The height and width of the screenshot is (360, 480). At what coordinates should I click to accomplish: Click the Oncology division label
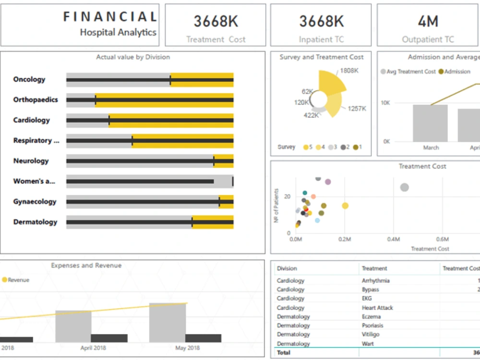tap(29, 80)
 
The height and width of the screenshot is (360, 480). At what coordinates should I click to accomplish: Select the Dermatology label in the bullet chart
tap(35, 222)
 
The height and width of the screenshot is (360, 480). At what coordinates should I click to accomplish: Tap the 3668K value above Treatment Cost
tap(216, 22)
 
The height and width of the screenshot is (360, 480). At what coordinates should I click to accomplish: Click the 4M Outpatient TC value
tap(428, 22)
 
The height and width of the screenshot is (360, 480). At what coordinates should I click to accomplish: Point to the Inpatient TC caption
tap(321, 40)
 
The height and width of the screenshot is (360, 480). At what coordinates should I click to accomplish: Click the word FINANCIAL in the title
tap(110, 17)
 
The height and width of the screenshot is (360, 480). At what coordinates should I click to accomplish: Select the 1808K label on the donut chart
tap(350, 71)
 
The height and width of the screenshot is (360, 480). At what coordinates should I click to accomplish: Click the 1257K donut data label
tap(357, 108)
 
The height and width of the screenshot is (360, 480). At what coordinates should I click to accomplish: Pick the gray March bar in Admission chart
tap(430, 123)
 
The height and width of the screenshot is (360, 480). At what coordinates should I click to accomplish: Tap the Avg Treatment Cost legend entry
tap(408, 72)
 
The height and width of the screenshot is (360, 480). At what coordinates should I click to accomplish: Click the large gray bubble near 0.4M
tap(404, 187)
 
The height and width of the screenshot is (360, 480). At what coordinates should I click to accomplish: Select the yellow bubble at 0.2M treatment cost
tap(345, 206)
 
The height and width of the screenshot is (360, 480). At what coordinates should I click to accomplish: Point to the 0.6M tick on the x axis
tap(442, 239)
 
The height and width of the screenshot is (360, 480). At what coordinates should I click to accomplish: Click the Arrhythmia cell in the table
tap(375, 281)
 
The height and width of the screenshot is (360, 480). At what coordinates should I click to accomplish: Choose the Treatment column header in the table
tap(374, 269)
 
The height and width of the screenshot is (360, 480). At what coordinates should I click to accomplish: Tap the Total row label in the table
tap(284, 353)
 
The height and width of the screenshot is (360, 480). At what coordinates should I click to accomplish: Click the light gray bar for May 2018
tap(167, 323)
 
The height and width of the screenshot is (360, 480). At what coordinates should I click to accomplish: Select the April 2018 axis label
tap(93, 348)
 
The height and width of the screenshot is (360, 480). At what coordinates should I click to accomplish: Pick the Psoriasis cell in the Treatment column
tap(372, 325)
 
